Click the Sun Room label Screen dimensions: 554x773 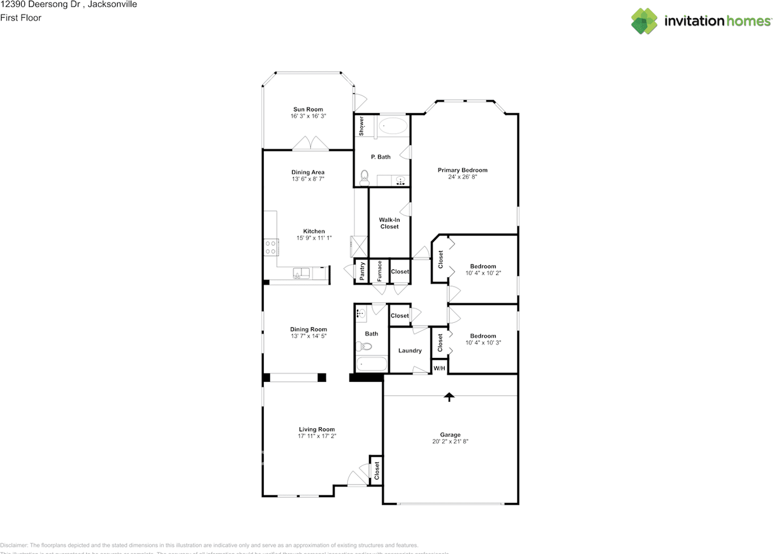tap(308, 109)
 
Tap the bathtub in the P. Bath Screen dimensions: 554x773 tap(393, 127)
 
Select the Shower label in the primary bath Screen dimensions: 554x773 tap(361, 126)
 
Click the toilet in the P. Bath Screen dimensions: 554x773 tap(364, 176)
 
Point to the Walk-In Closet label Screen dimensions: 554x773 tap(389, 223)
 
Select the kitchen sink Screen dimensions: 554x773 tap(301, 274)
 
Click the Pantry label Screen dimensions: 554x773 tap(361, 271)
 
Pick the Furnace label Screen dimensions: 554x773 tap(379, 270)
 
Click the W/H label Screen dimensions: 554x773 tap(439, 368)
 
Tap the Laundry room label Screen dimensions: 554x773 tap(409, 351)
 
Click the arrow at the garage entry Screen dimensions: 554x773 tap(449, 396)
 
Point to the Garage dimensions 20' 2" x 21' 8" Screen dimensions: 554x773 tap(450, 442)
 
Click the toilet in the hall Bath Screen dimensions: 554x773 tap(364, 346)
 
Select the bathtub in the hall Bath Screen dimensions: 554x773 tap(371, 364)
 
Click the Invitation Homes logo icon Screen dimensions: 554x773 tap(644, 21)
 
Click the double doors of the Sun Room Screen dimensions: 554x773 tap(310, 144)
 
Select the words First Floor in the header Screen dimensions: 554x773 tap(21, 18)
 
